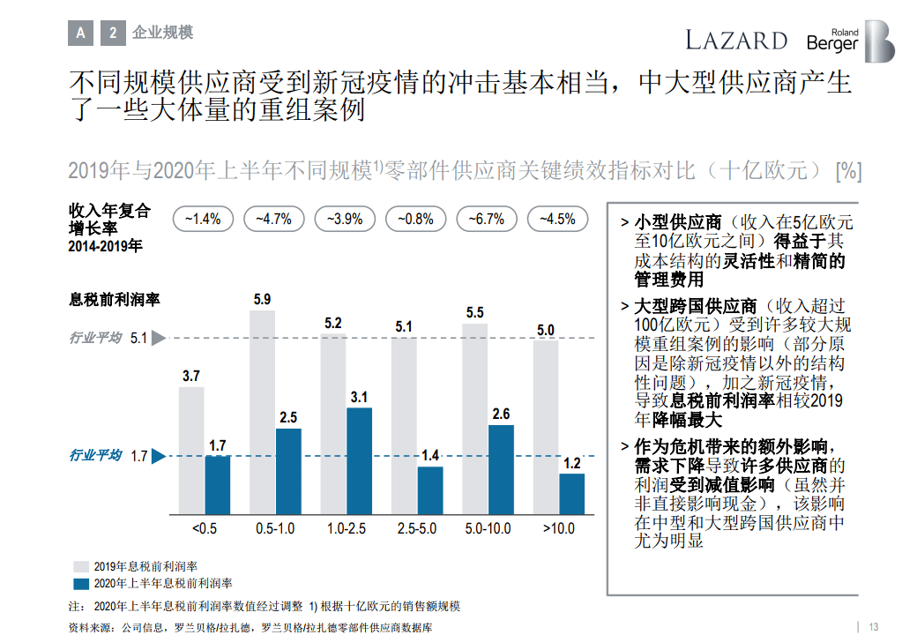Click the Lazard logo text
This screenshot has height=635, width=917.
click(736, 40)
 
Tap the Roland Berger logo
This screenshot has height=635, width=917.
click(850, 41)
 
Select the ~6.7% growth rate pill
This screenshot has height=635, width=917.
click(486, 219)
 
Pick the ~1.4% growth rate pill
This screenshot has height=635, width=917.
click(203, 219)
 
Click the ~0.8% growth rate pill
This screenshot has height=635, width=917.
click(415, 219)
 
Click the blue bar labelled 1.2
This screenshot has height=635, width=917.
click(571, 494)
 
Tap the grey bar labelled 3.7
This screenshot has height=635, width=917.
click(191, 451)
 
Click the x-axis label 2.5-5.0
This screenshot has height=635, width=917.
click(416, 529)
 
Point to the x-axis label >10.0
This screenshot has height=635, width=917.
click(558, 529)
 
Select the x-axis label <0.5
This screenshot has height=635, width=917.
click(204, 529)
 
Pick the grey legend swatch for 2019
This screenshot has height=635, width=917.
click(80, 566)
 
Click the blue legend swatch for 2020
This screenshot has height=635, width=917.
click(80, 583)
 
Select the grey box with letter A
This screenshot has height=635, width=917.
click(81, 33)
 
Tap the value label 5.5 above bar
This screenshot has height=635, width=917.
click(474, 312)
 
